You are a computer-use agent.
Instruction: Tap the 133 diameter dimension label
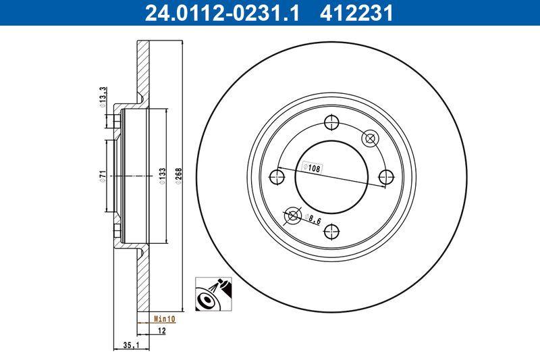pos(162,176)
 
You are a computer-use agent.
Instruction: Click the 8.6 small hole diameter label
pos(313,219)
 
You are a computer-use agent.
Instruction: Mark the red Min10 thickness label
pos(165,317)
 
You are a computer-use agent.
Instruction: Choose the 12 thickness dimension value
pos(161,330)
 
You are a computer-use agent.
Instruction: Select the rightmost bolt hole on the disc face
pos(385,177)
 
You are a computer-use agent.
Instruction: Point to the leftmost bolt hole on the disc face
pos(276,177)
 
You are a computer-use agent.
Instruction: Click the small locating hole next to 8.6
pos(292,215)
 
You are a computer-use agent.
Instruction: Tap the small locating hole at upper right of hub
pos(369,138)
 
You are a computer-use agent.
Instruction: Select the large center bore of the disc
pos(331,177)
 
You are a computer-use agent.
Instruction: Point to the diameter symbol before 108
pos(304,165)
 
